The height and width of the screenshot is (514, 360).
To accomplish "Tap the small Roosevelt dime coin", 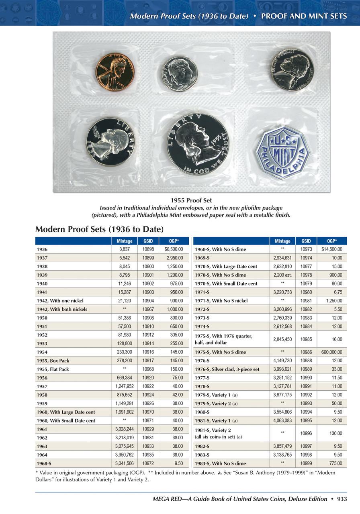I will point(180,73).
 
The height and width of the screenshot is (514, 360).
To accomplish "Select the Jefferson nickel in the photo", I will point(292,69).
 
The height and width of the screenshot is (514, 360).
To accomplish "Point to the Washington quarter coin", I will point(110,141).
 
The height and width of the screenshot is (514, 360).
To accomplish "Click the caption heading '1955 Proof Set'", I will point(191,200).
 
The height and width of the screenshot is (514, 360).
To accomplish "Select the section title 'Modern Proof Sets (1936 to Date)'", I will point(99,229).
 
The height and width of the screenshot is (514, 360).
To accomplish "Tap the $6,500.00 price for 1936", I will point(174,249).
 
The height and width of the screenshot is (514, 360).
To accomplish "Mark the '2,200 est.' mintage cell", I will point(282,275).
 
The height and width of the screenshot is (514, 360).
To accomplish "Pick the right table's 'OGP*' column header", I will point(331,241).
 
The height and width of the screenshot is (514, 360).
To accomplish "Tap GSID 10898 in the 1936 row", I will point(148,249).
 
